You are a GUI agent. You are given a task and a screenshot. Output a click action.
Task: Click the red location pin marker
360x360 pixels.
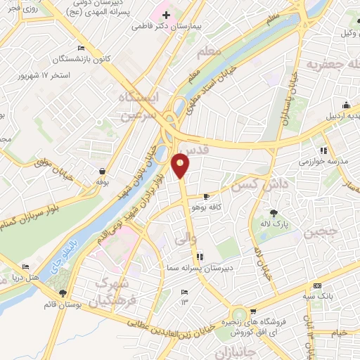coord(181,165)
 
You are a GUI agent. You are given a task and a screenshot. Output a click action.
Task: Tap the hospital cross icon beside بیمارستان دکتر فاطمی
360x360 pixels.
coord(166,15)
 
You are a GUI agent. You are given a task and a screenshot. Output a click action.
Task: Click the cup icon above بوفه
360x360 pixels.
coord(103,171)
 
